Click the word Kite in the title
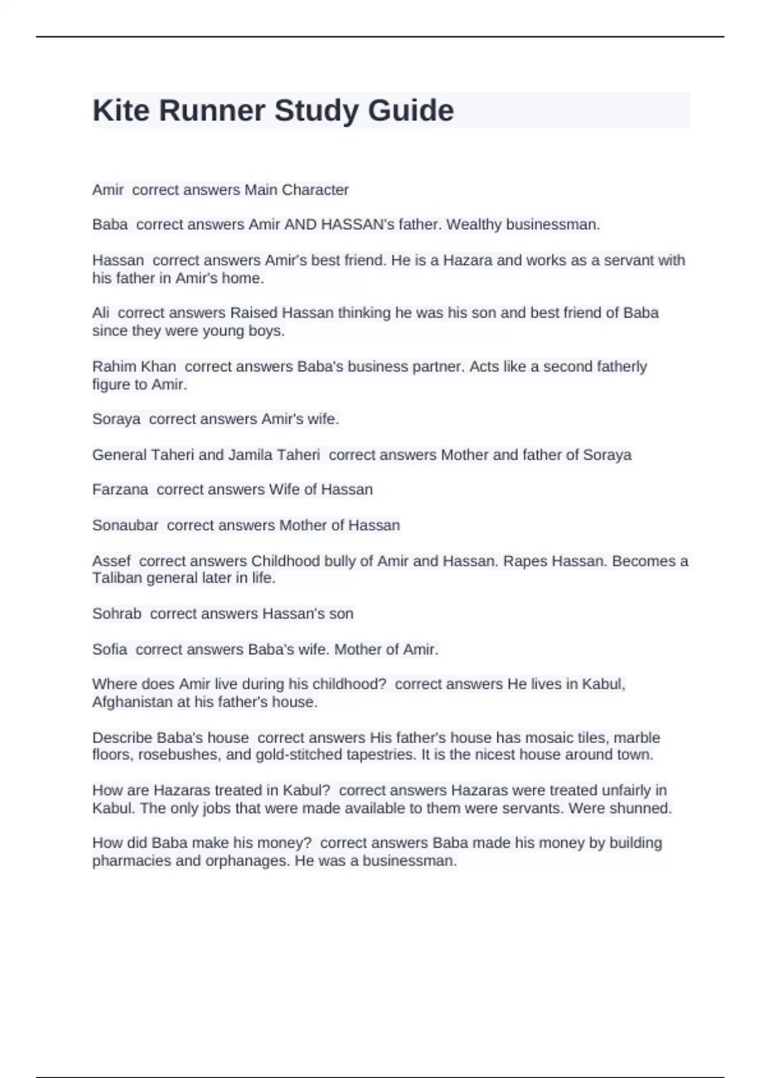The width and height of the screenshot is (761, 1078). coord(121,110)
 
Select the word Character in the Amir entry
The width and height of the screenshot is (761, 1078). coord(315,190)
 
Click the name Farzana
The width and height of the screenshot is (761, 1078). coord(120,490)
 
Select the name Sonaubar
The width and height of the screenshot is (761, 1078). coord(125,525)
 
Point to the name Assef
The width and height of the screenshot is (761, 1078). coord(111,561)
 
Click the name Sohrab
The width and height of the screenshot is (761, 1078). coord(117,614)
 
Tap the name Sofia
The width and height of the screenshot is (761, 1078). coord(109,649)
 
